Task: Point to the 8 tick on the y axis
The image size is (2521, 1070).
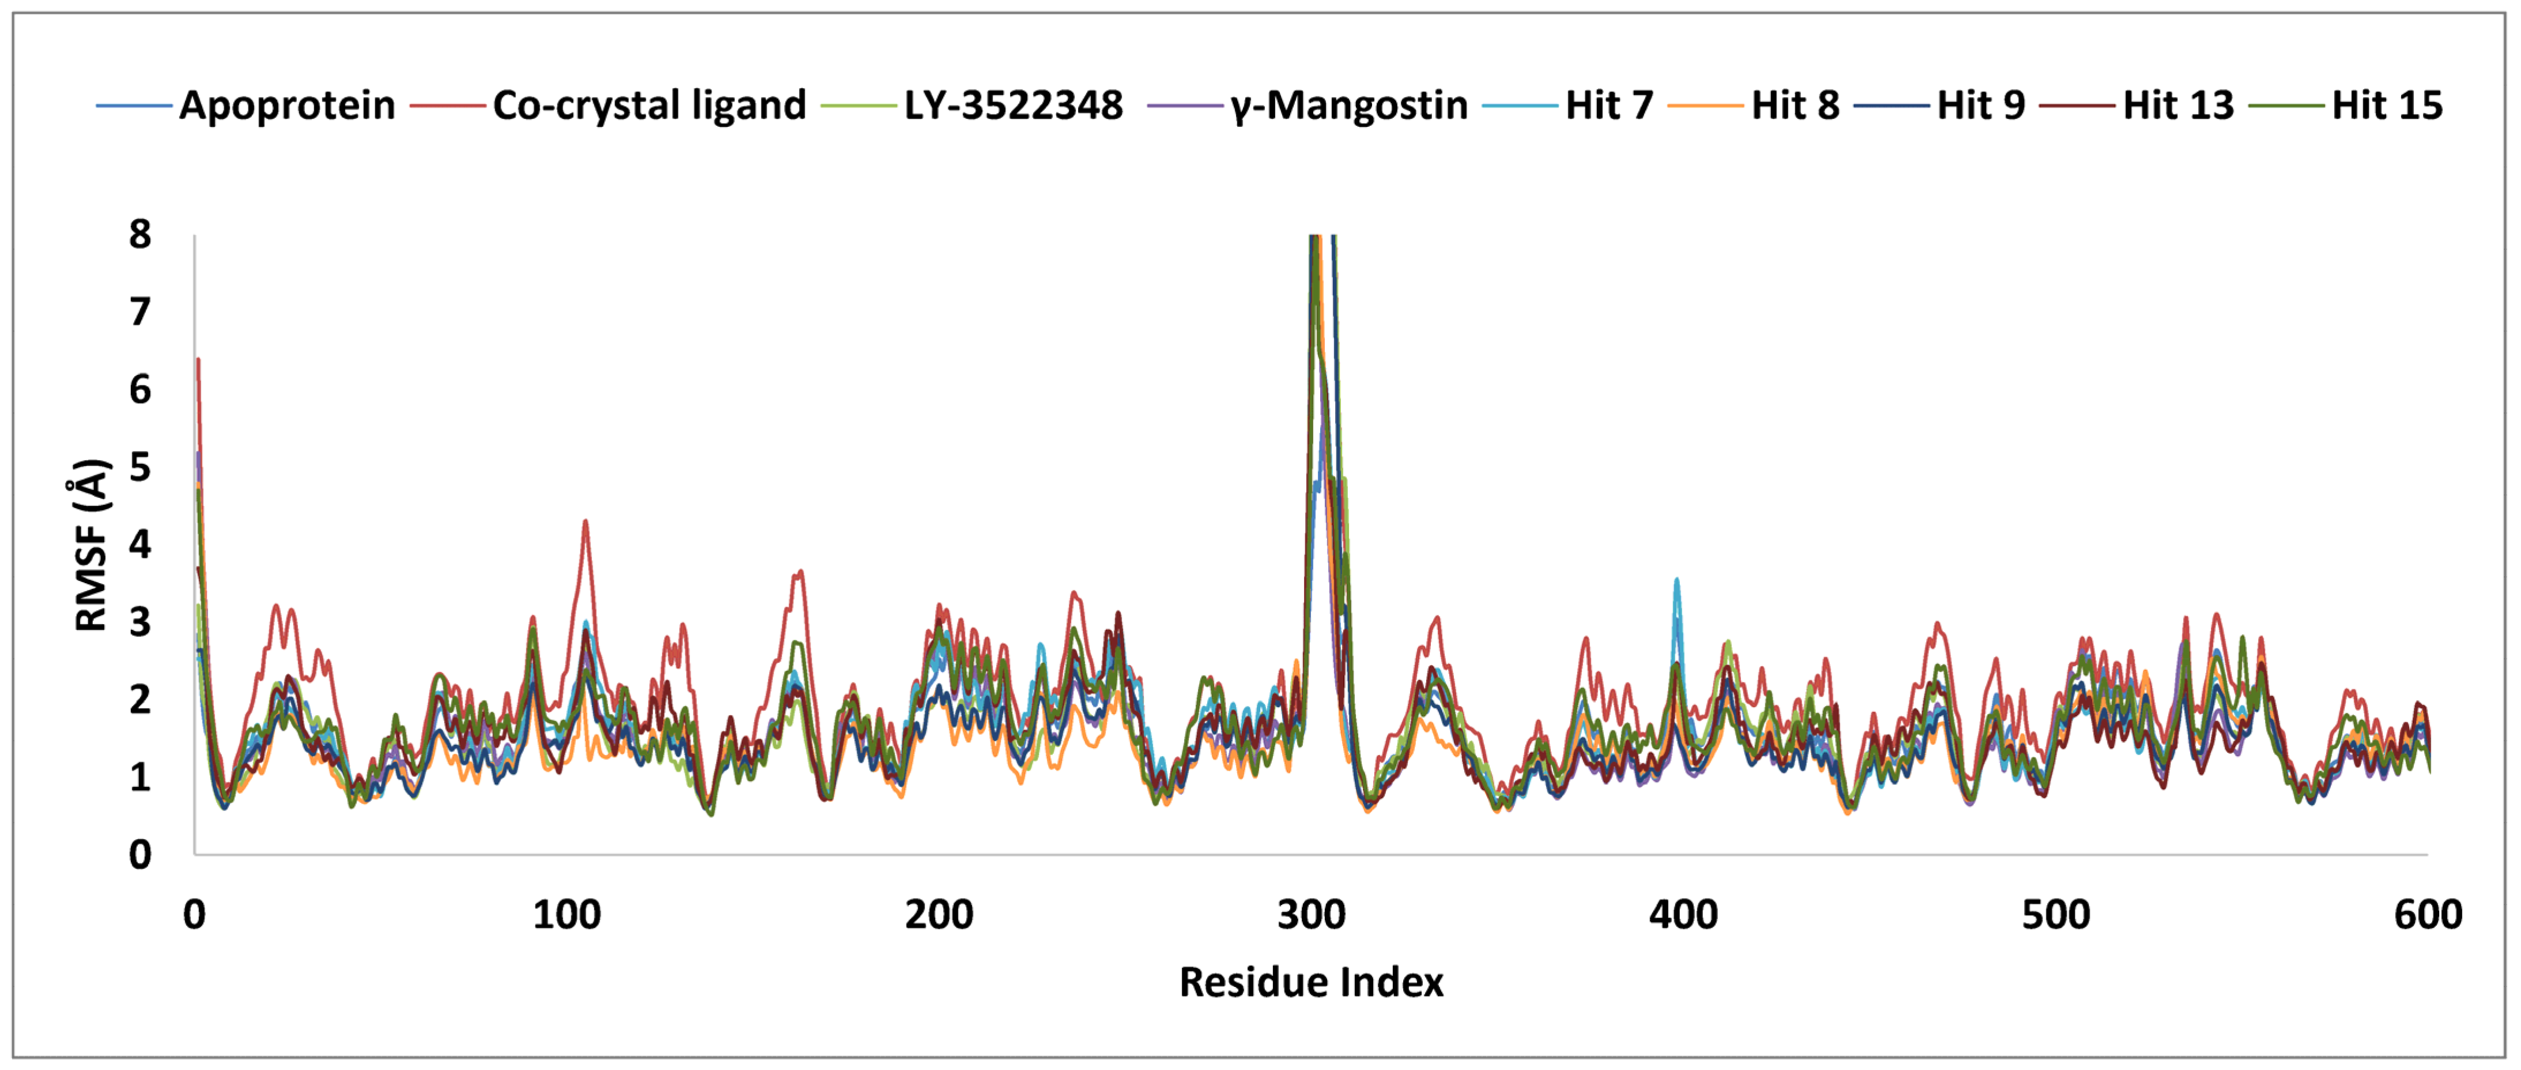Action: (140, 235)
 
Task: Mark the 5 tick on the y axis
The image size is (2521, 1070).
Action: (140, 467)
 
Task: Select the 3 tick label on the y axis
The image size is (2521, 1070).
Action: (140, 622)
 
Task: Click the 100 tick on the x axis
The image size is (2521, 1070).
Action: (567, 914)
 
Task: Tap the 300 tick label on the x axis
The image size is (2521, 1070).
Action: (1312, 914)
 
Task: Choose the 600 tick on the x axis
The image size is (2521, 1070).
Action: (2427, 914)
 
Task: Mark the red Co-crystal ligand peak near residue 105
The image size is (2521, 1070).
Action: (585, 522)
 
